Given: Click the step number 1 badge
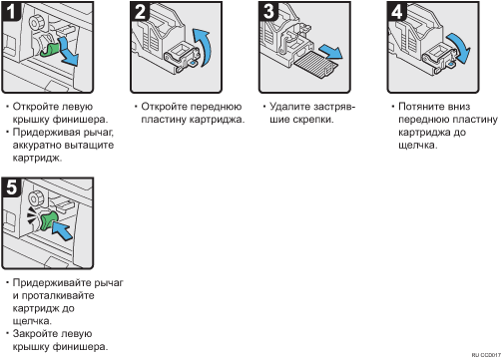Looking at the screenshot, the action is [11, 11].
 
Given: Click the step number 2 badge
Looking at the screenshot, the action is [140, 11].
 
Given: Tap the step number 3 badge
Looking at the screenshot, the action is [268, 11].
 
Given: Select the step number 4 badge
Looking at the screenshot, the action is [396, 11].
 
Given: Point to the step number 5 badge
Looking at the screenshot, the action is [11, 187].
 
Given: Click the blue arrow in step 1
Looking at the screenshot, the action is [69, 52].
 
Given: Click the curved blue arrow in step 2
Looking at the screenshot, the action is [204, 46].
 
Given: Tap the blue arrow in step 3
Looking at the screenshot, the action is [331, 52].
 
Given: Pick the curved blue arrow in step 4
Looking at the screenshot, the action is [460, 47].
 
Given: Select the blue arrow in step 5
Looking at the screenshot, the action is [62, 230].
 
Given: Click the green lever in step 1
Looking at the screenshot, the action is [50, 50].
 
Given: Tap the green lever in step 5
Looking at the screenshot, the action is [48, 221].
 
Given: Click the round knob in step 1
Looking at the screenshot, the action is [36, 23].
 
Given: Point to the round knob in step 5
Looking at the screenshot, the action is [36, 198].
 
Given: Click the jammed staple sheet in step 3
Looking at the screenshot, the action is [316, 64].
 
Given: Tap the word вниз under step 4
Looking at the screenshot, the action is [458, 107].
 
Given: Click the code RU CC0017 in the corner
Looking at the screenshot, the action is [486, 355].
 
